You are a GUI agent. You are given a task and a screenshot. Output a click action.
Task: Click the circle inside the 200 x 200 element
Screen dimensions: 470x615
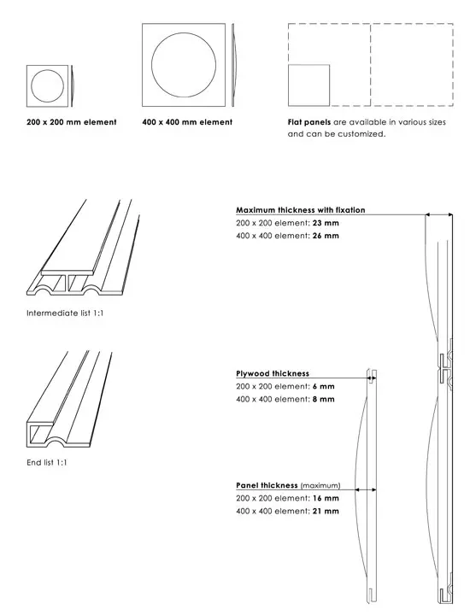[31, 86]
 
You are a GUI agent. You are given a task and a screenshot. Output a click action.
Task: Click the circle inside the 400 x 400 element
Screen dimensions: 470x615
[152, 65]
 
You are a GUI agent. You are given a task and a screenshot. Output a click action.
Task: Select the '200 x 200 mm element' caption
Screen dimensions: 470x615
[72, 122]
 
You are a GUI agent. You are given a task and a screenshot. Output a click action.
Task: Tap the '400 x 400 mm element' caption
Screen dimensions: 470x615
[187, 122]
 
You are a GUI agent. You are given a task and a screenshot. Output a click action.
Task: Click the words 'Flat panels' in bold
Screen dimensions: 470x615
[309, 122]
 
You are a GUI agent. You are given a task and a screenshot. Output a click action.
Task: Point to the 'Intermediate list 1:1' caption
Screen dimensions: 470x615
[65, 313]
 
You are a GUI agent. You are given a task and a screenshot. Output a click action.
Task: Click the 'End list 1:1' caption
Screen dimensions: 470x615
[47, 462]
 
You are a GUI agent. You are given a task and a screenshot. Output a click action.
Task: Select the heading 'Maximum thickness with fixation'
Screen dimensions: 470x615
[301, 210]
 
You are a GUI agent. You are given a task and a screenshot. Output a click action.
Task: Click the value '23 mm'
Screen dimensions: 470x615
[326, 223]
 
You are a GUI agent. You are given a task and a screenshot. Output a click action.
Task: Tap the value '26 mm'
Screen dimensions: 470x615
[326, 236]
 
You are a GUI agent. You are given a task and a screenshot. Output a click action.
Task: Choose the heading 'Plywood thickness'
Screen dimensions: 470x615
[273, 373]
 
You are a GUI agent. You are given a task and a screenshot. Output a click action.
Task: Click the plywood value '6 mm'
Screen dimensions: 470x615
[324, 386]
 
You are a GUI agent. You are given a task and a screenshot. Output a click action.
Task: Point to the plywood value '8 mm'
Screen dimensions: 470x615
[324, 399]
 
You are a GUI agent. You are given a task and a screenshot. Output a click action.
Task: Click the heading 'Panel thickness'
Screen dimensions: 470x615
[267, 485]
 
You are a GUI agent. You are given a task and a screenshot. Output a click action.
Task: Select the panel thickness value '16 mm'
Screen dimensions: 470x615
[326, 498]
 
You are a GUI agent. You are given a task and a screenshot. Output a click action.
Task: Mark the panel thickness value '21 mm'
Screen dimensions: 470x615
[326, 511]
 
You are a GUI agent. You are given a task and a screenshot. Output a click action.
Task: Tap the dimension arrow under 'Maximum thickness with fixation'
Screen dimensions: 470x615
[439, 214]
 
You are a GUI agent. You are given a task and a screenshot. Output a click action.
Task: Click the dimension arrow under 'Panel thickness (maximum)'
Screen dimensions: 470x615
[365, 489]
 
